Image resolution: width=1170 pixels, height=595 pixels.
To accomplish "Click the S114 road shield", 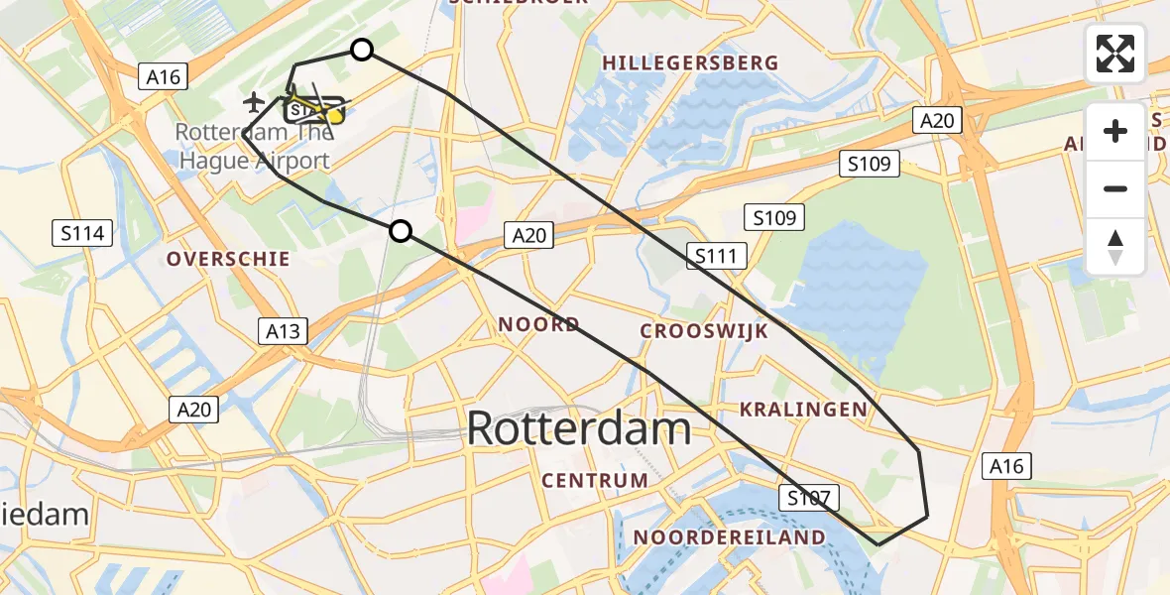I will pyautogui.click(x=82, y=234).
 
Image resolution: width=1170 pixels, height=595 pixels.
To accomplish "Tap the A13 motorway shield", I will pyautogui.click(x=283, y=330).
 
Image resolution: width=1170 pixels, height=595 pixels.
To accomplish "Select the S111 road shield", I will pyautogui.click(x=715, y=257).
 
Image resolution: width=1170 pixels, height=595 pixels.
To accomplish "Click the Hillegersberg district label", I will pyautogui.click(x=690, y=62).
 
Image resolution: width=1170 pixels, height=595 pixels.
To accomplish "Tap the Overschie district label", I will pyautogui.click(x=228, y=259).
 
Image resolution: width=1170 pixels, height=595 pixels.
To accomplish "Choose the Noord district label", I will pyautogui.click(x=538, y=324).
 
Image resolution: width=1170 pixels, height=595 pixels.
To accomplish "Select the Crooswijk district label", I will pyautogui.click(x=704, y=331).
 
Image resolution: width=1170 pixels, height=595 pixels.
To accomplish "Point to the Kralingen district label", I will pyautogui.click(x=803, y=409).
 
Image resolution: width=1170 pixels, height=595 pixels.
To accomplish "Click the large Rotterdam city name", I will pyautogui.click(x=579, y=428).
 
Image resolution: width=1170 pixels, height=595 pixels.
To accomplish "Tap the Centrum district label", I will pyautogui.click(x=595, y=481).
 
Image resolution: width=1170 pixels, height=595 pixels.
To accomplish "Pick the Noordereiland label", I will pyautogui.click(x=729, y=537).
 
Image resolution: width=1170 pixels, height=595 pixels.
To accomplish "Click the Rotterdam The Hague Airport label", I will pyautogui.click(x=253, y=147).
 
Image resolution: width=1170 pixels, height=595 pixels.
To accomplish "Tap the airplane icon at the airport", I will pyautogui.click(x=255, y=101).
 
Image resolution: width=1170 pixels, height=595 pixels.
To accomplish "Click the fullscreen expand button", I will pyautogui.click(x=1115, y=54).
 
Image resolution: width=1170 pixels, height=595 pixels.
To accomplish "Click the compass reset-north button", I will pyautogui.click(x=1115, y=246).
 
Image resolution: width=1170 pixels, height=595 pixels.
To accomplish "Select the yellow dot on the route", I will pyautogui.click(x=335, y=116).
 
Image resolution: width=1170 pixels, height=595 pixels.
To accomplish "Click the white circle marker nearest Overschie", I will pyautogui.click(x=400, y=231).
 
